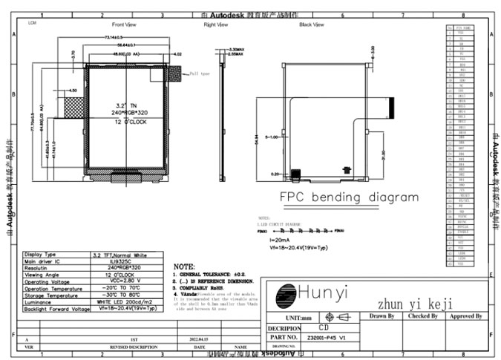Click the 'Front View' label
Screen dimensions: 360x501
123,24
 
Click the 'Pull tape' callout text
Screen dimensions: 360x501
200,73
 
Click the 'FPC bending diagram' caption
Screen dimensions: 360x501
348,197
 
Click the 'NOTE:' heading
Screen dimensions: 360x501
183,266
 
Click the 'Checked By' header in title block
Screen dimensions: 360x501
422,316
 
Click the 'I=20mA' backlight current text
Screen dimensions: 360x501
279,241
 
